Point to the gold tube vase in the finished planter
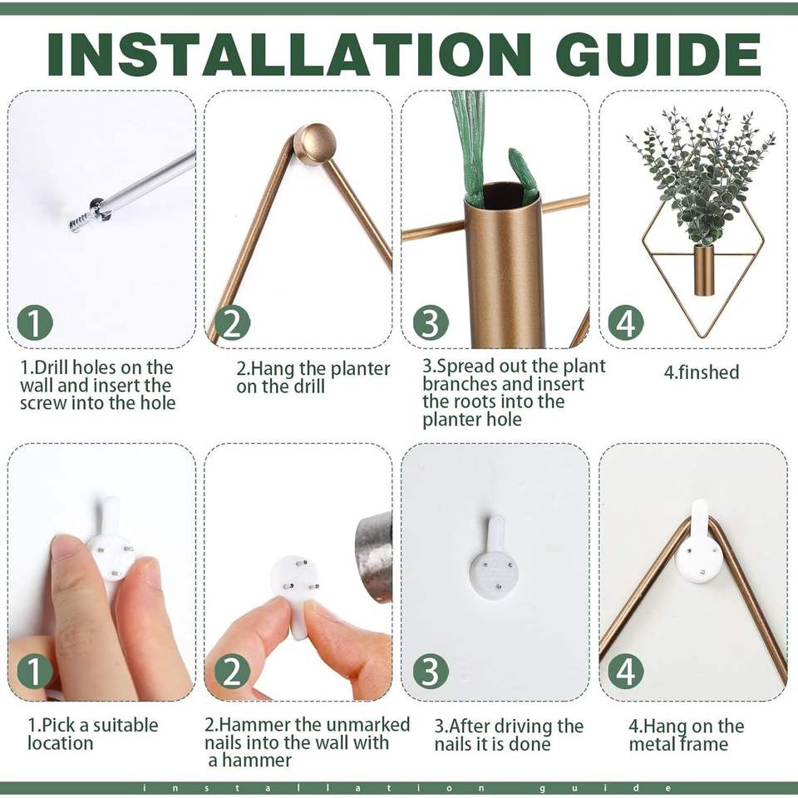click(x=703, y=269)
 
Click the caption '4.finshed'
click(x=702, y=372)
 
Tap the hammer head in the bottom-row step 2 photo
click(x=374, y=559)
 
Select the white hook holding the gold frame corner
click(x=698, y=544)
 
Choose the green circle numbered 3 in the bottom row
click(x=430, y=672)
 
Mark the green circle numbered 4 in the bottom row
click(x=626, y=672)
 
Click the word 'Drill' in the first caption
click(x=57, y=367)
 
